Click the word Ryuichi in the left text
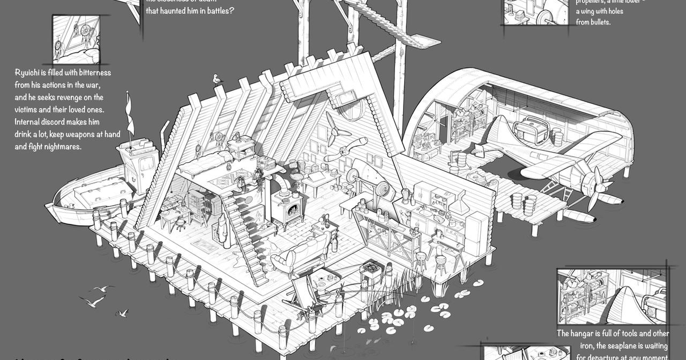click(32, 73)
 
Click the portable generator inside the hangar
click(527, 132)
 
